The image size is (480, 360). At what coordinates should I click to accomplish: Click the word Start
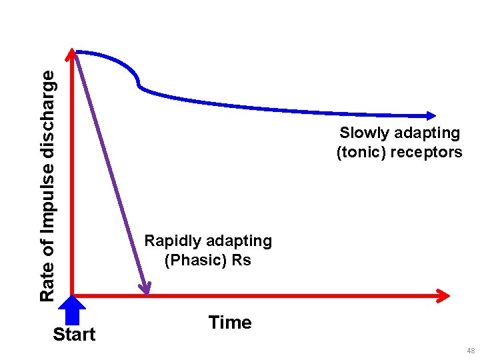click(x=74, y=334)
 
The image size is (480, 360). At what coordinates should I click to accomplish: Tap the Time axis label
click(x=230, y=323)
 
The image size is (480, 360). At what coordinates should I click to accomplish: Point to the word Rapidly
click(x=174, y=241)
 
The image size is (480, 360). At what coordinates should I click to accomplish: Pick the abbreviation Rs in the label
click(x=241, y=260)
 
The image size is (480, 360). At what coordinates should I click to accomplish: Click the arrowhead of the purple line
click(x=145, y=288)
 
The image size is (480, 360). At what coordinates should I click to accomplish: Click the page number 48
click(x=471, y=351)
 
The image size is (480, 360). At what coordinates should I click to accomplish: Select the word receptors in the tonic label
click(x=427, y=152)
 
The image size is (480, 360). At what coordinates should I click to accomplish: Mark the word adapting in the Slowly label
click(x=428, y=133)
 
